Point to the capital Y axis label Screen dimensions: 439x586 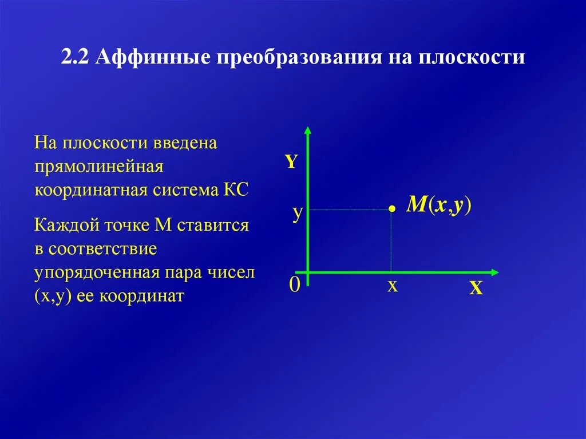[x=291, y=162]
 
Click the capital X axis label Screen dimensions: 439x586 [x=476, y=290]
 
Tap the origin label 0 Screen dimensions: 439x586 [x=294, y=284]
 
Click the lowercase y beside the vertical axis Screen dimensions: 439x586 [x=297, y=213]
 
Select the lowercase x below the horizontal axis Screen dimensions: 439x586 [x=392, y=286]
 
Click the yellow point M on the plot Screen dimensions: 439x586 [x=391, y=209]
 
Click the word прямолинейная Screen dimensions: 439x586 [x=99, y=167]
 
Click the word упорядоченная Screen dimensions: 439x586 [x=96, y=272]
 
